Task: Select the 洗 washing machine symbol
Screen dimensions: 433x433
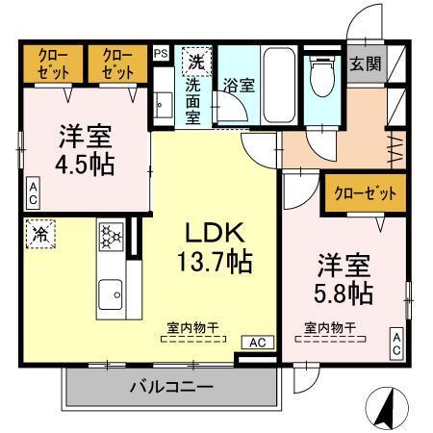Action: tap(195, 62)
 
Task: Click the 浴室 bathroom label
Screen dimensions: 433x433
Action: tap(238, 84)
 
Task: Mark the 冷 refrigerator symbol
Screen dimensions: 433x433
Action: tap(41, 233)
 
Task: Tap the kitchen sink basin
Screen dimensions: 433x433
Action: tap(111, 293)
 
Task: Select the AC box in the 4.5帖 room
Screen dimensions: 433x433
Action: tap(33, 193)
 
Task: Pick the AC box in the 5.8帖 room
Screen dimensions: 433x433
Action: tap(395, 344)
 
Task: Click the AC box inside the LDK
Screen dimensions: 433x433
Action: tap(258, 342)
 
